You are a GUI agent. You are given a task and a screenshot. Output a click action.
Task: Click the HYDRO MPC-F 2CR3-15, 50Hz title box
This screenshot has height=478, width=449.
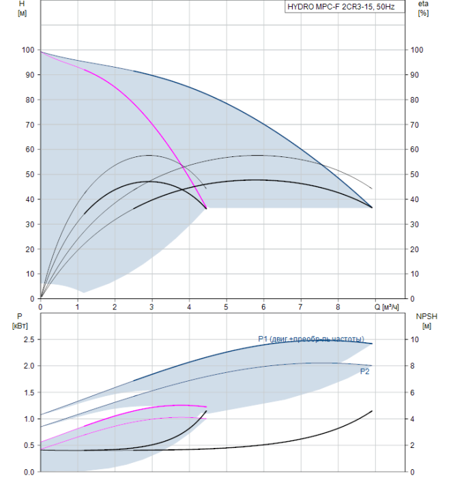click(x=345, y=8)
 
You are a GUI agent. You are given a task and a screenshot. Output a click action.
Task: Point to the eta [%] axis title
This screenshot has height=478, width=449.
click(x=423, y=9)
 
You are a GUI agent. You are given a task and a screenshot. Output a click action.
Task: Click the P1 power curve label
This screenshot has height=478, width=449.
click(x=311, y=339)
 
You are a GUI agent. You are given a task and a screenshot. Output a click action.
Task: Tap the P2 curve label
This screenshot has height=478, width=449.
click(x=365, y=371)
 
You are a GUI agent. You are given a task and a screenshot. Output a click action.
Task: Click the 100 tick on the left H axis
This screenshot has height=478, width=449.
click(x=28, y=50)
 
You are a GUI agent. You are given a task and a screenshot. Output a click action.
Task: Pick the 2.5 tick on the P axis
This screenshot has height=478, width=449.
click(x=29, y=339)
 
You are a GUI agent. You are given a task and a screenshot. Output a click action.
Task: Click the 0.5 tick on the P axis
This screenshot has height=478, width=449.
click(x=29, y=445)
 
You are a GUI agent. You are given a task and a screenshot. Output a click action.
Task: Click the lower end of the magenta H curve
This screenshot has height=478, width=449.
click(x=206, y=208)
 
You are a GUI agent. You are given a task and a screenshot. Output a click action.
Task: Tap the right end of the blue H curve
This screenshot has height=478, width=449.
click(x=372, y=207)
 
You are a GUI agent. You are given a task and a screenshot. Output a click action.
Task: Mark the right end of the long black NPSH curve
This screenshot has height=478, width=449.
click(x=373, y=410)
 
